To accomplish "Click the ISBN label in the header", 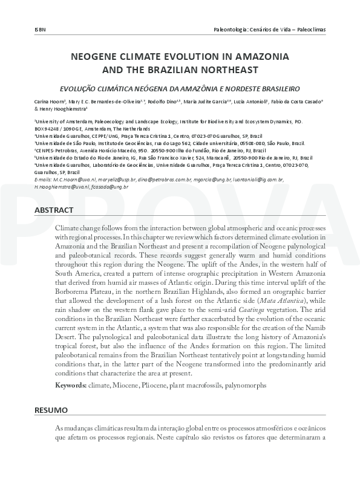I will (x=40, y=30).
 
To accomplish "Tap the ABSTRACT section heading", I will (x=54, y=210).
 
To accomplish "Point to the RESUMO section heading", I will (x=51, y=410).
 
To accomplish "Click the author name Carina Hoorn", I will (x=49, y=102).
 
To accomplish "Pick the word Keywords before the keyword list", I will (x=69, y=385).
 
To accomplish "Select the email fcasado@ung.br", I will (x=110, y=187).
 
